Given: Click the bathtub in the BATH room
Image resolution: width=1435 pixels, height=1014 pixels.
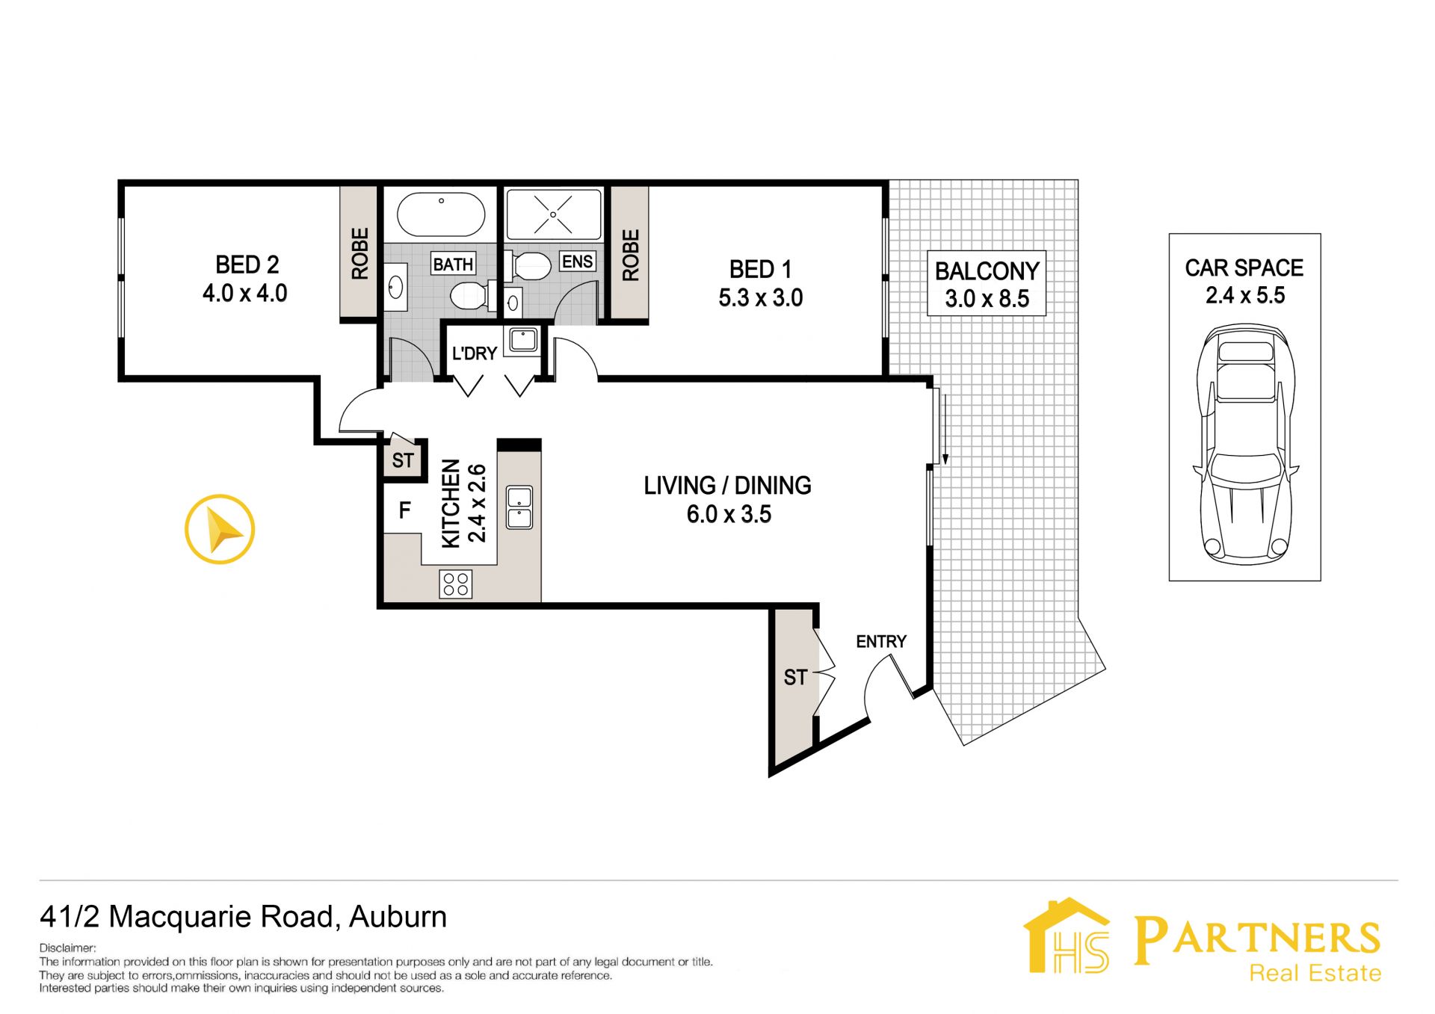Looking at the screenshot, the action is pos(441,214).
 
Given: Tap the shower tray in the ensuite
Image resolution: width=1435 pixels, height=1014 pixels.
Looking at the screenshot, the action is pos(553,214).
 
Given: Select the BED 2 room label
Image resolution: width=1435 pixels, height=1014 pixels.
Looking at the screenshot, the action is pos(247,265).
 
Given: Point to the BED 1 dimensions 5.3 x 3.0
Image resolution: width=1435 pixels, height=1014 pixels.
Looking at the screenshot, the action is pos(761,298).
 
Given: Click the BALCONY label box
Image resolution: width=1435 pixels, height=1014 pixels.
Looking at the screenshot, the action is pos(987,283).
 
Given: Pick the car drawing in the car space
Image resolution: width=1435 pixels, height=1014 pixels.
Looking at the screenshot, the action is pos(1245,444).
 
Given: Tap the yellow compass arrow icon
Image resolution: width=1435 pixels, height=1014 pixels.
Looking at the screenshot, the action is pos(220,529).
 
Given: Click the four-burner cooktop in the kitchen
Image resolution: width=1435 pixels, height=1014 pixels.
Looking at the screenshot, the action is pos(456,584).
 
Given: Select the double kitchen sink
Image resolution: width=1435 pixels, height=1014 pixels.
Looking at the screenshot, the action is pos(519,507).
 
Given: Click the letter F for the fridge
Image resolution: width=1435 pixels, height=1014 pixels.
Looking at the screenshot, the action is pos(405,510).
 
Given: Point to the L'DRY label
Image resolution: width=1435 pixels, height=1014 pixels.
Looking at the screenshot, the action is pos(475,353).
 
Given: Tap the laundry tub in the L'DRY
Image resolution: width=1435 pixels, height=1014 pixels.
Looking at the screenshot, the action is pos(523,340).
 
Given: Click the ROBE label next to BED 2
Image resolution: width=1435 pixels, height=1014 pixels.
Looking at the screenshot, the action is pos(360,254).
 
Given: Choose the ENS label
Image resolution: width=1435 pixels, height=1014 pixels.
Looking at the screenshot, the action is pos(578,262).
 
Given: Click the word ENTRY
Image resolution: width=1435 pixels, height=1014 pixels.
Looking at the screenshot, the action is pos(881,641).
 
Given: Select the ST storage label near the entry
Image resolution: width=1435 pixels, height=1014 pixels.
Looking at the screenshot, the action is pos(795,678).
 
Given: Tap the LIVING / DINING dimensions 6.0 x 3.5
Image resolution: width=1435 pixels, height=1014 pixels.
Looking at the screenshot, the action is pos(729,514).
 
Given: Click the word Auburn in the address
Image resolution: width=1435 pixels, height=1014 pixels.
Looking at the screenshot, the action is pos(398,917).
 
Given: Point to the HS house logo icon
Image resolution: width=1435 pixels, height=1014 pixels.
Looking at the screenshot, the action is pos(1067,936).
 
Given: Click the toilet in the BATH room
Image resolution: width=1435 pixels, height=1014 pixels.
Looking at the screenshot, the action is pos(469,295).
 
